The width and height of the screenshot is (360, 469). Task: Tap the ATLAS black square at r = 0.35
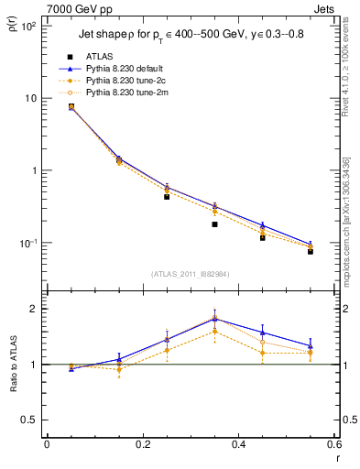[x=214, y=224]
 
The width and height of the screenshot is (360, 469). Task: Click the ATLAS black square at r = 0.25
[x=167, y=197]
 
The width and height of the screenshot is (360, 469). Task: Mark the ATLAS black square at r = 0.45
[x=263, y=237]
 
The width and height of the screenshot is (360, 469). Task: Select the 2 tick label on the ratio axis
[x=37, y=309]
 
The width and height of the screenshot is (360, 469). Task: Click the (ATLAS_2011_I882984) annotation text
[x=191, y=274]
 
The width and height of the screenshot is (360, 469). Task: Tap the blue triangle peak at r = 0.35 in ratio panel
[x=214, y=318]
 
